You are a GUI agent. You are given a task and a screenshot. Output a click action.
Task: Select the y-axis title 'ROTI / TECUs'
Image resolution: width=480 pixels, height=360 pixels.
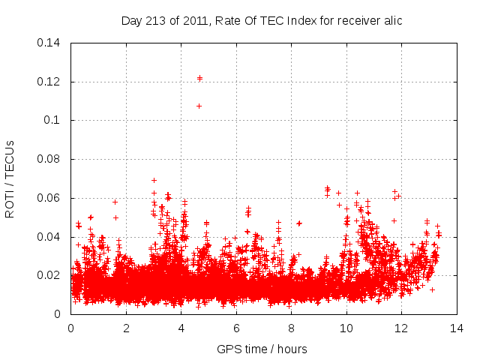point(10,178)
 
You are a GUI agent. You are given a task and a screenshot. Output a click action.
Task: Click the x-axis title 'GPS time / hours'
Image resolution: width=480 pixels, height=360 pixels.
point(262,349)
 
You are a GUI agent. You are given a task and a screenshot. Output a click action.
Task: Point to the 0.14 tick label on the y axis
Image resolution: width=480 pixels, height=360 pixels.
point(49,43)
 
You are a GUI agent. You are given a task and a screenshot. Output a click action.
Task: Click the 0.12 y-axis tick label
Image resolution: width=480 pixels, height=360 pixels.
point(49,81)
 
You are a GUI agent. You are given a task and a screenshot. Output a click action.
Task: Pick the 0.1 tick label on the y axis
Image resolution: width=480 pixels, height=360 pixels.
point(52,120)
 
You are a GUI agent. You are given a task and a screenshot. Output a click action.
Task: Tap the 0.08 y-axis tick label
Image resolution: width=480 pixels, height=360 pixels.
point(49,159)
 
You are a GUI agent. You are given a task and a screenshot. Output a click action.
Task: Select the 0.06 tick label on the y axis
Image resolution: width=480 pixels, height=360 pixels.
point(49,198)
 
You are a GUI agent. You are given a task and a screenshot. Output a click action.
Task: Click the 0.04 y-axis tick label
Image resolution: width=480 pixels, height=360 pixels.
point(49,237)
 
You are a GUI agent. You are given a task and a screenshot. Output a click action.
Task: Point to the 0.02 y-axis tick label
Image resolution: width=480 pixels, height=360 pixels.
point(49,275)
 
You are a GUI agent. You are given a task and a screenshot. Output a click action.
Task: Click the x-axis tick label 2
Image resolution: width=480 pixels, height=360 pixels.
point(126,328)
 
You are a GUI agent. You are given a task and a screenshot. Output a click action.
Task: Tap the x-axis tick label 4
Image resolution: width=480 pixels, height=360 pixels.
point(181,328)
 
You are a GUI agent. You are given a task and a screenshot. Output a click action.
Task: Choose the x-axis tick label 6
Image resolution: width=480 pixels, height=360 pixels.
point(236,328)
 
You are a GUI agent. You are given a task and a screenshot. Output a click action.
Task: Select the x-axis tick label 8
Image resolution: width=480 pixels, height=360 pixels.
point(291,328)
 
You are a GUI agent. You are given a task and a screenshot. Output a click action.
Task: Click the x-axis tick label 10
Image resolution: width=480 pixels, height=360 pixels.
point(346,328)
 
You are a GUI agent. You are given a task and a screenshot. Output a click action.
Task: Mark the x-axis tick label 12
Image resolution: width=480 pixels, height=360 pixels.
point(401,328)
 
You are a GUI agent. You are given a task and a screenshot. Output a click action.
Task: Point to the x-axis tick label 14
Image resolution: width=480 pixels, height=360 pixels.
point(457,328)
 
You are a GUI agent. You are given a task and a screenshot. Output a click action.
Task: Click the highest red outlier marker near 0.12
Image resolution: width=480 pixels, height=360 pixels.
point(199,77)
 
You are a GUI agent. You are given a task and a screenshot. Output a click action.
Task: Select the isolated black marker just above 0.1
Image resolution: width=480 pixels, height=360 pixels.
point(199,106)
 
